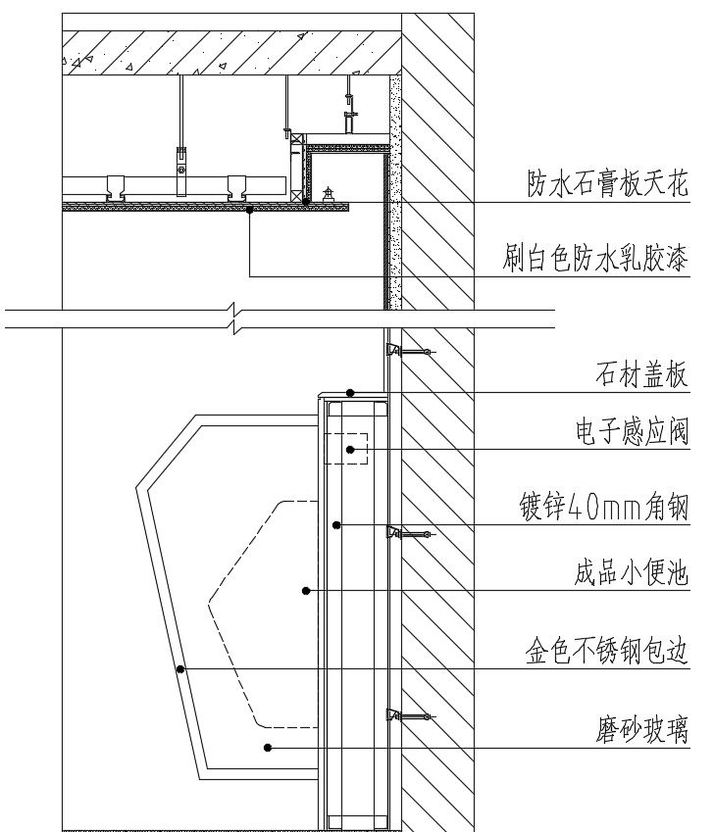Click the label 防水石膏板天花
607,183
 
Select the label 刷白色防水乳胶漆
595,259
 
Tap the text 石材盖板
641,374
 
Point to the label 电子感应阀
633,431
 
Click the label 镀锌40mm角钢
603,507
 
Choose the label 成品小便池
632,573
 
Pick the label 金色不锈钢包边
607,651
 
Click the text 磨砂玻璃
641,729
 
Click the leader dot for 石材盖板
350,393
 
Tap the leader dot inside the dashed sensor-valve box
350,450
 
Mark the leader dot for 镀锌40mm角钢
336,524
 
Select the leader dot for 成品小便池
306,591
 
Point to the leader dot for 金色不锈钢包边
180,669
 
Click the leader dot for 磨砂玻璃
268,748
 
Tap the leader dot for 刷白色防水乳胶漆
249,210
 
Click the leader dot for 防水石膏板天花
306,202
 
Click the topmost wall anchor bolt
410,351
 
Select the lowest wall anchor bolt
410,716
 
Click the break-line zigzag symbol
234,318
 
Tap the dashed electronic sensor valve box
346,449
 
